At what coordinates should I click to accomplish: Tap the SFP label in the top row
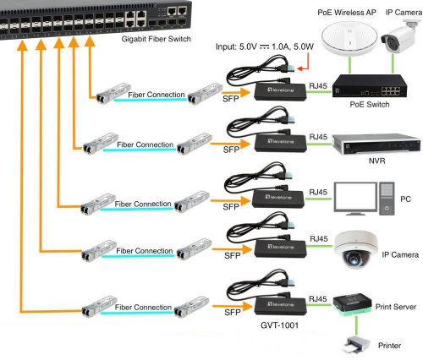point(231,101)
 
